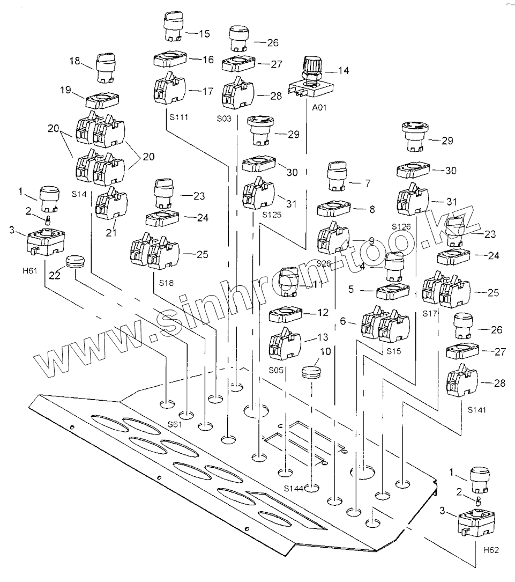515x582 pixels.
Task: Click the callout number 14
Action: coord(343,70)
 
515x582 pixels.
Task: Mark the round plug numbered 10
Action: coord(310,371)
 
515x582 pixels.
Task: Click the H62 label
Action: coord(491,550)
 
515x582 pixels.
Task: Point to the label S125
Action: coord(272,215)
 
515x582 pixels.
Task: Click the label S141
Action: coord(477,410)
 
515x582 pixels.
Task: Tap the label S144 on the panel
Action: coord(294,488)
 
